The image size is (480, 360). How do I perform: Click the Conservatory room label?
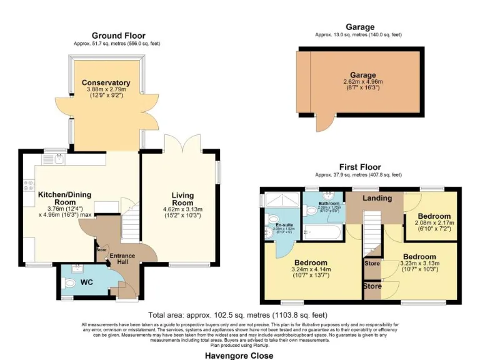106,82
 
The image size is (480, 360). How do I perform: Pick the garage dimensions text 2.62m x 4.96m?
362,82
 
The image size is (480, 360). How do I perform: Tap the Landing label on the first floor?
377,198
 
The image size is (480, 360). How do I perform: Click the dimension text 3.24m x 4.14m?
310,270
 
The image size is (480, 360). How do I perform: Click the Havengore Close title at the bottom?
239,355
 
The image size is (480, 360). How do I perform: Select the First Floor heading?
360,167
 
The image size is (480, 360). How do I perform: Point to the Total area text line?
237,315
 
